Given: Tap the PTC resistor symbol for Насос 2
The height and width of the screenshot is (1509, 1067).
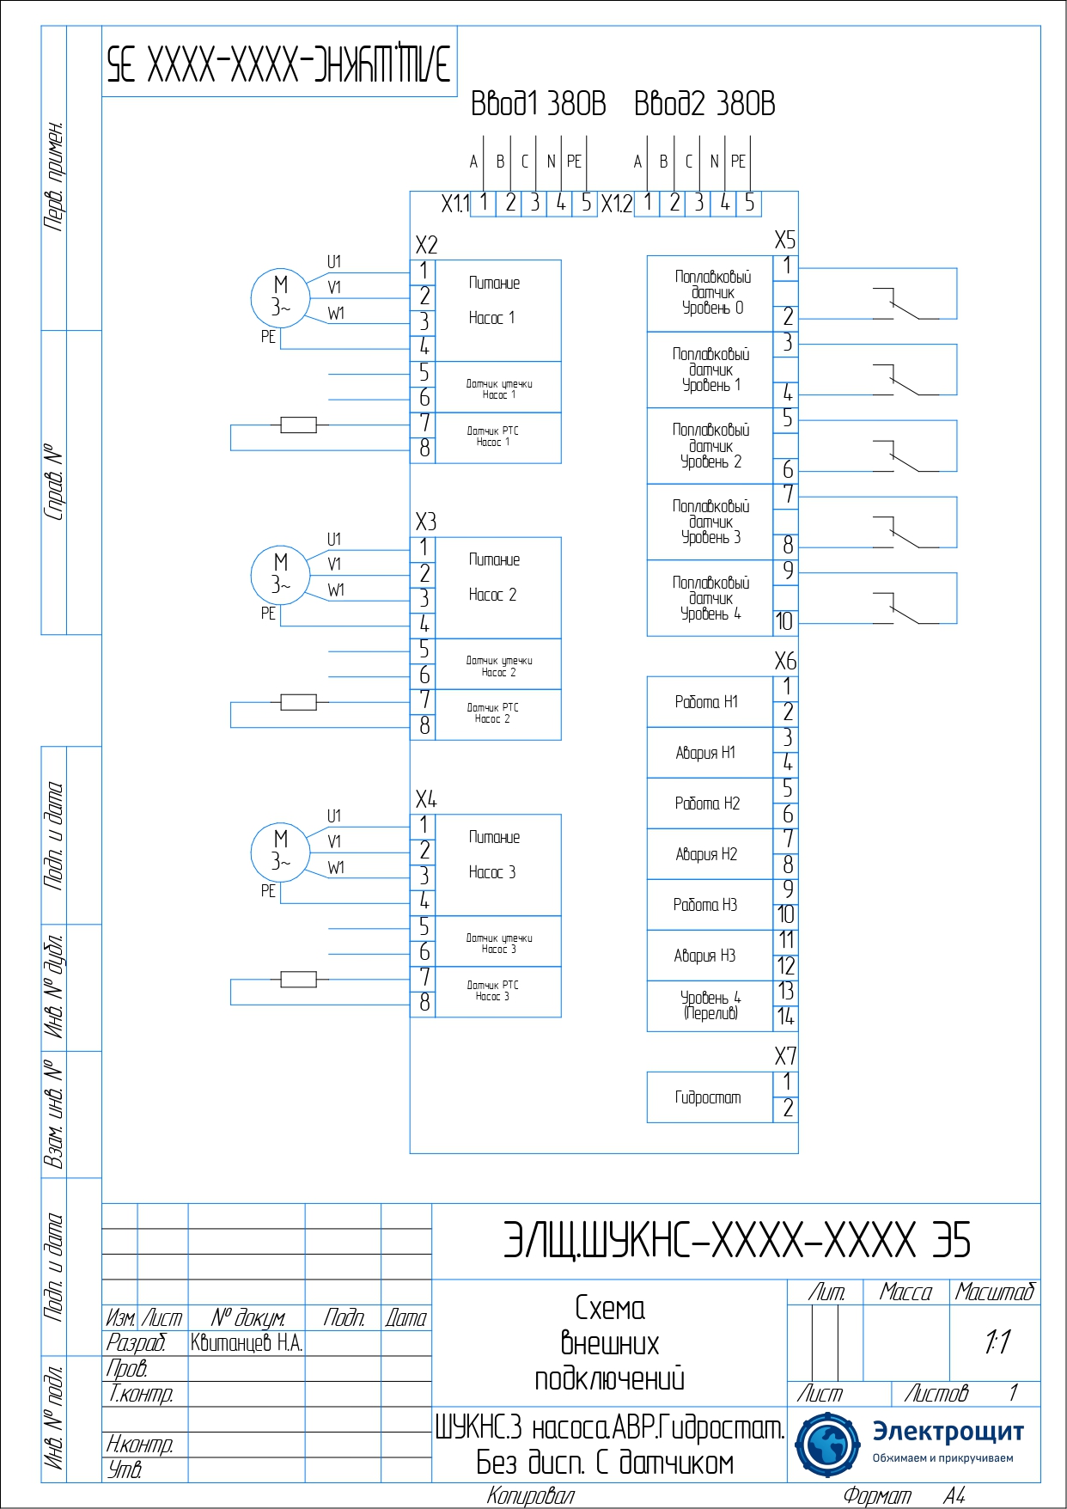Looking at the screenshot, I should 298,702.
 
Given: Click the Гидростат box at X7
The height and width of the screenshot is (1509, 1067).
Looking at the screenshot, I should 710,1097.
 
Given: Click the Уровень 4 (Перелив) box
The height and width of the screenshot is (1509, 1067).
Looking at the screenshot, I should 710,1005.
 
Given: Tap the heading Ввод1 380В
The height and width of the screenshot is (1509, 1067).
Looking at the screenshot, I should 538,104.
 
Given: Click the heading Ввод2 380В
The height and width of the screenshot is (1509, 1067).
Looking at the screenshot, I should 704,104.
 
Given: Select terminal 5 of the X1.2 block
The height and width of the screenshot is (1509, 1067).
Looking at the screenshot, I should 749,203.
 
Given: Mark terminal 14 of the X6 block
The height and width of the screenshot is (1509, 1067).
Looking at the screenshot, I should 785,1017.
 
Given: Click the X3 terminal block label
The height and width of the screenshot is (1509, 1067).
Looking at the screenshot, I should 426,522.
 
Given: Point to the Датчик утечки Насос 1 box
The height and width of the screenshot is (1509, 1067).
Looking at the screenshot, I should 498,388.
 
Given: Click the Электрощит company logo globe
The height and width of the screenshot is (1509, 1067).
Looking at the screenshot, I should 827,1445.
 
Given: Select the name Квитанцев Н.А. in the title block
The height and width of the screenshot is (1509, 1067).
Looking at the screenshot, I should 247,1343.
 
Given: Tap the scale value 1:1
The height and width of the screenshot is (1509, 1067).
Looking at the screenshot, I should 997,1341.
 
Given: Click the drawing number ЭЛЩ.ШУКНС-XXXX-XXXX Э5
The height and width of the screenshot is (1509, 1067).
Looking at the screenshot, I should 736,1241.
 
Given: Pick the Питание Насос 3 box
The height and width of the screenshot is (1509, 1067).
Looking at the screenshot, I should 498,864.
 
